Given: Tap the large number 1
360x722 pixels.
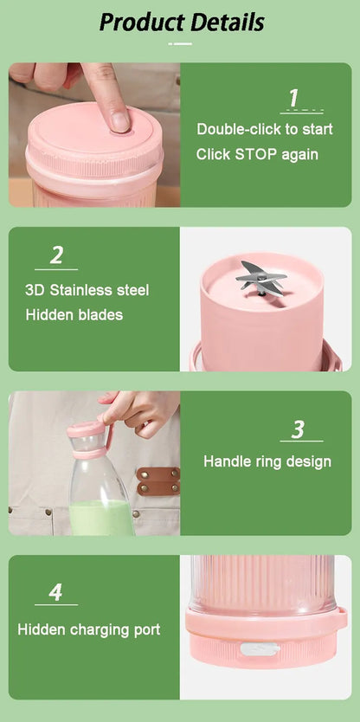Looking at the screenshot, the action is (x=293, y=98).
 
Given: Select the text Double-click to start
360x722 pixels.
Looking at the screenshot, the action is (x=265, y=129).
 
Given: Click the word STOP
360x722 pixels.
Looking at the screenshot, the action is (x=256, y=154).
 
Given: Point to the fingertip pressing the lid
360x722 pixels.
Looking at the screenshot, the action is (x=118, y=119).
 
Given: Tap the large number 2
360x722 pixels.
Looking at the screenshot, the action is (x=56, y=255).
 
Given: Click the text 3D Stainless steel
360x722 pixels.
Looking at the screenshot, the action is (x=87, y=290).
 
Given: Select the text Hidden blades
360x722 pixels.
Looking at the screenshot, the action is (x=74, y=315).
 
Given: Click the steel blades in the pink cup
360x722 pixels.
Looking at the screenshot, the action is (x=260, y=277).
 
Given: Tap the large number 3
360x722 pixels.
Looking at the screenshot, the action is (x=298, y=429).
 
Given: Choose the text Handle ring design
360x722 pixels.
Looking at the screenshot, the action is (x=267, y=461).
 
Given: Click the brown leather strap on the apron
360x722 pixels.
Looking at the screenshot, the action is (x=158, y=480).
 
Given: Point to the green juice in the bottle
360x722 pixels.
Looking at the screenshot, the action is (x=101, y=518).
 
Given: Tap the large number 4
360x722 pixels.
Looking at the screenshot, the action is (x=55, y=593).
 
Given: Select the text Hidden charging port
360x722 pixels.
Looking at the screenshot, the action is (x=89, y=629).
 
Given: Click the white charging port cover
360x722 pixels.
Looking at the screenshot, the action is (x=259, y=649).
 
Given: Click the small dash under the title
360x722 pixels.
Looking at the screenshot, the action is (x=180, y=44).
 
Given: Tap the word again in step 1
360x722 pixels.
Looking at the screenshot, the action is (x=299, y=155).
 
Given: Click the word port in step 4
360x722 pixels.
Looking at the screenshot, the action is (x=146, y=630).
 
